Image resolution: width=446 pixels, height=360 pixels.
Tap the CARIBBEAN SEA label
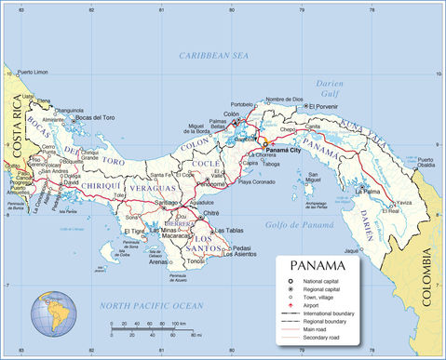pos(215,56)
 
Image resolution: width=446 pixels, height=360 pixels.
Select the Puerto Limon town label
pos(37,72)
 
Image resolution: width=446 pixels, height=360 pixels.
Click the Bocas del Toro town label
pos(95,117)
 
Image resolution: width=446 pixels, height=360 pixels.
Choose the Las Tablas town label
pos(229,230)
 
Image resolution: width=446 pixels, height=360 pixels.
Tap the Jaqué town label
pos(351,250)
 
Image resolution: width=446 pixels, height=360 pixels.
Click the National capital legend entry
pos(328,280)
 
